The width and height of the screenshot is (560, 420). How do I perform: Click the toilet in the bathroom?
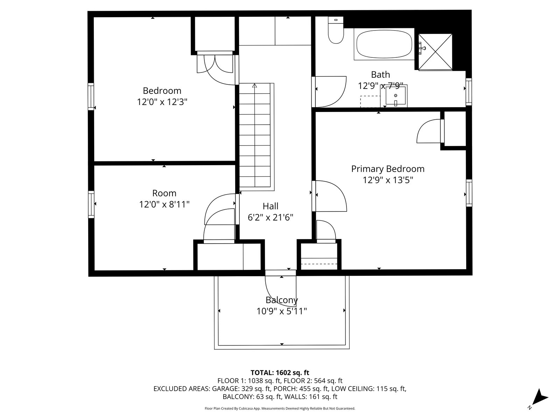click(x=336, y=30)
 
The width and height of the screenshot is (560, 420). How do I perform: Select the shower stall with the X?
click(x=435, y=52)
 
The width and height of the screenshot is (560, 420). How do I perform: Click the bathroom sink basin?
click(x=395, y=95)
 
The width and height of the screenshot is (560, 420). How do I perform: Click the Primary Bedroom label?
click(x=388, y=169)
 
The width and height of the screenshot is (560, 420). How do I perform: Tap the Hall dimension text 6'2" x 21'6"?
click(x=271, y=217)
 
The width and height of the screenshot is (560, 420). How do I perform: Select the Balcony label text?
click(x=282, y=300)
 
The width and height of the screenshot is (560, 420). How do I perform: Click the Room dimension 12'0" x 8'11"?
click(x=164, y=204)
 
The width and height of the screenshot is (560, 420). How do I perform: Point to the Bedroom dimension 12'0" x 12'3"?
click(x=162, y=102)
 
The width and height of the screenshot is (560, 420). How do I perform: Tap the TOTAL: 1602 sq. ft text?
click(x=280, y=372)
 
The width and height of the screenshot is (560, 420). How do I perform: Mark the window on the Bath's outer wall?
click(x=469, y=92)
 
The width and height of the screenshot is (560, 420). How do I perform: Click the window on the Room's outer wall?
click(x=91, y=204)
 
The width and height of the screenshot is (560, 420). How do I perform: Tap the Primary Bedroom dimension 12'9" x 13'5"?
click(x=388, y=180)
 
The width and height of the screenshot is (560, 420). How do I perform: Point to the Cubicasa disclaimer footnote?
click(x=280, y=408)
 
